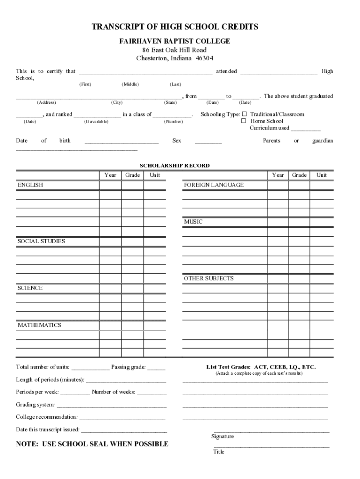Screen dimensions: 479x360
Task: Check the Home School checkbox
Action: tap(244, 121)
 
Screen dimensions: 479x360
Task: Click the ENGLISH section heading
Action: tap(30, 185)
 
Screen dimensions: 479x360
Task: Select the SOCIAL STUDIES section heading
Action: tap(41, 241)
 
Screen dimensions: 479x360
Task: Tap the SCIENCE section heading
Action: tap(30, 288)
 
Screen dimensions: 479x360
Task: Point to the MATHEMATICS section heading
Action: tap(39, 325)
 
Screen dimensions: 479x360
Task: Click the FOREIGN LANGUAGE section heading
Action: tap(214, 185)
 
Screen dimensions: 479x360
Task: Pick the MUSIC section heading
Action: tap(193, 222)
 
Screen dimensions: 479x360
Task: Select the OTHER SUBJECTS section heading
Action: tap(209, 278)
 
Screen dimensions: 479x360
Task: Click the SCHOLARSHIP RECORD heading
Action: tap(175, 166)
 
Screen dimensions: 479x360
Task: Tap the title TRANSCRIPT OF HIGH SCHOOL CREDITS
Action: tap(175, 27)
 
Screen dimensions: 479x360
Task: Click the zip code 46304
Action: tap(204, 58)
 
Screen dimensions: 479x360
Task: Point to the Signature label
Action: tap(223, 436)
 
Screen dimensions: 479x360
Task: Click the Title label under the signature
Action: tap(219, 452)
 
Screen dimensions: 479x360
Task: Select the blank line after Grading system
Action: tap(111, 405)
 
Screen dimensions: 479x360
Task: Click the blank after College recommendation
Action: tap(122, 417)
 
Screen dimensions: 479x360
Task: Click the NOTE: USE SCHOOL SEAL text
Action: tap(92, 444)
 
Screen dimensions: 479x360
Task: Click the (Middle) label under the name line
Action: tap(130, 84)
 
